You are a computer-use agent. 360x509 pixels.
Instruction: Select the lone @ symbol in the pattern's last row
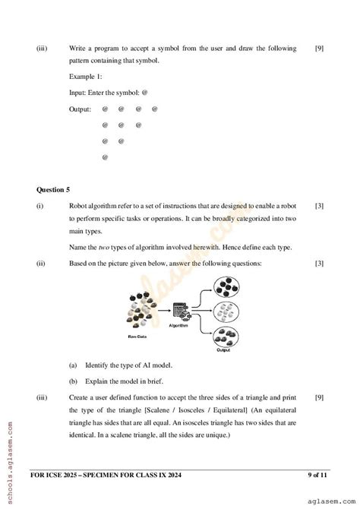tap(105, 157)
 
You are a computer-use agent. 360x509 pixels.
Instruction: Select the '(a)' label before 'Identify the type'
tap(73, 365)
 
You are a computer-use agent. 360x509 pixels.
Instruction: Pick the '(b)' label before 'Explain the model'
tap(73, 381)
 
